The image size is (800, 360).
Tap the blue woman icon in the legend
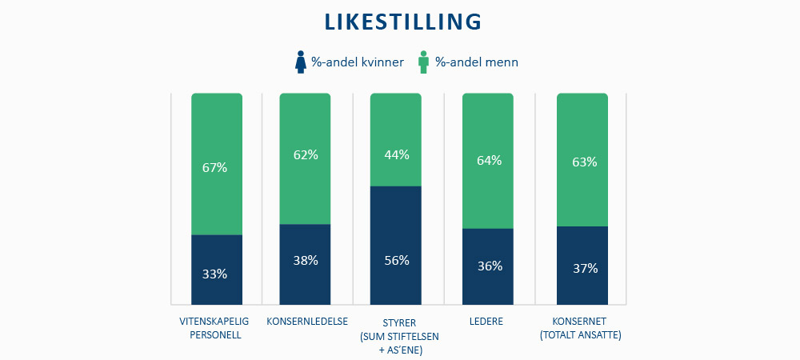301,62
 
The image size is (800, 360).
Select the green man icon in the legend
423,62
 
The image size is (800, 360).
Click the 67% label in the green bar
215,168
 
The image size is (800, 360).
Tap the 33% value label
215,274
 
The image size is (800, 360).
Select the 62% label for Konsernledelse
306,155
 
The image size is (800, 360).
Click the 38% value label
306,260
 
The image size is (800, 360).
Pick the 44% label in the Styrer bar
397,155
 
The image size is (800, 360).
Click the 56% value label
397,260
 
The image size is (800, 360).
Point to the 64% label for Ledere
489,160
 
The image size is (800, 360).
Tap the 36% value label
489,266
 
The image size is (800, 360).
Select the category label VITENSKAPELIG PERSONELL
215,328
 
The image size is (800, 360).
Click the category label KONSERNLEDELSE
306,322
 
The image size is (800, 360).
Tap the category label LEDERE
487,322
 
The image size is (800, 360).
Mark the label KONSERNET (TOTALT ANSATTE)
581,328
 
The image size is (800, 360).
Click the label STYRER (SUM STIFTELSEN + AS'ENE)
397,335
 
